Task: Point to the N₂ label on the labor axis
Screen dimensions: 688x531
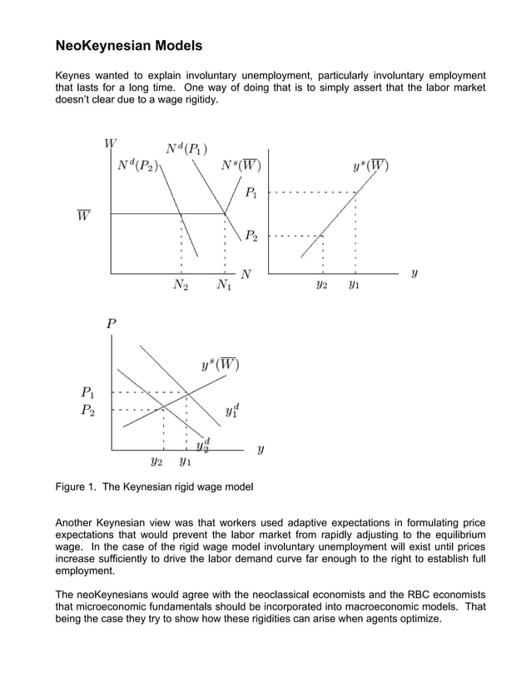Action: point(181,286)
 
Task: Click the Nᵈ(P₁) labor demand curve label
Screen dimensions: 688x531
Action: point(186,149)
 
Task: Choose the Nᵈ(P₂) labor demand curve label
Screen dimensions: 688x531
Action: point(137,165)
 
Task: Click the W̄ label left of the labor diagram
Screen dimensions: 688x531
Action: point(84,216)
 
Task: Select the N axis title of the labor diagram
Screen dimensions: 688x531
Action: point(246,273)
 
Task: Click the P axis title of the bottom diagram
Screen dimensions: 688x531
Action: point(111,324)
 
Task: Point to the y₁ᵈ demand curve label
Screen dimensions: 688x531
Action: point(233,411)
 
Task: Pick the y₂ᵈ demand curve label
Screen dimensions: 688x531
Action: point(202,445)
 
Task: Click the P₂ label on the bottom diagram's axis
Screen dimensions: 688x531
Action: point(87,410)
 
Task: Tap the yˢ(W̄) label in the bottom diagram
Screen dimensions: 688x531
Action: point(220,365)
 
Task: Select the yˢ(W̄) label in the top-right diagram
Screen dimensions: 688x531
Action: point(371,165)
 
